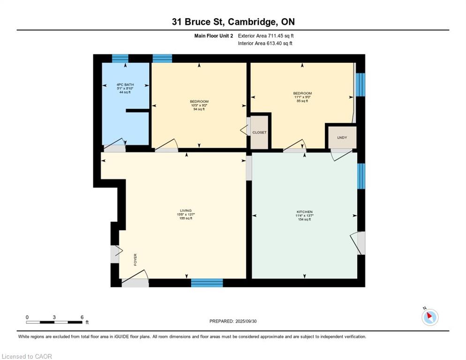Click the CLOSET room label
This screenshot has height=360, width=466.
pyautogui.click(x=259, y=133)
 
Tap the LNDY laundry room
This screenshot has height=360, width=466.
pyautogui.click(x=342, y=138)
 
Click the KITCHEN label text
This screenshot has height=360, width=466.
pyautogui.click(x=305, y=212)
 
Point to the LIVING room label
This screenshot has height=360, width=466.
pyautogui.click(x=186, y=210)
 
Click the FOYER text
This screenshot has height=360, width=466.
pyautogui.click(x=135, y=259)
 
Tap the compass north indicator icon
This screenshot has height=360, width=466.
pyautogui.click(x=429, y=317)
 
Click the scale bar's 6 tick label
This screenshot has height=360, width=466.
pyautogui.click(x=82, y=317)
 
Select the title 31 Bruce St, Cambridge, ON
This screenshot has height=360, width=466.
pyautogui.click(x=233, y=22)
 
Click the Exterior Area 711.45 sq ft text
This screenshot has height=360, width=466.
pyautogui.click(x=266, y=36)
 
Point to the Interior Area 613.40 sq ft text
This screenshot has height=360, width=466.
pyautogui.click(x=265, y=44)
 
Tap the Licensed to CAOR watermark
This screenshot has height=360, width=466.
pyautogui.click(x=27, y=356)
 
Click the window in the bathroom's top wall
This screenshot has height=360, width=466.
pyautogui.click(x=120, y=59)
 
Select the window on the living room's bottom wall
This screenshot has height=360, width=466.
pyautogui.click(x=207, y=283)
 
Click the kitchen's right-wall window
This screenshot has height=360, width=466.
pyautogui.click(x=361, y=176)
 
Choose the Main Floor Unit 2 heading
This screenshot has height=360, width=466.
pyautogui.click(x=213, y=36)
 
